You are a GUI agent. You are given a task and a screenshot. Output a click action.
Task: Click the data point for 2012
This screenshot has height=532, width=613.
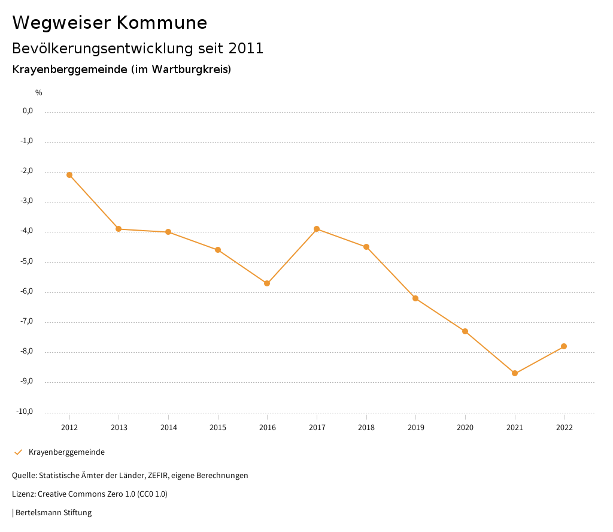pos(69,175)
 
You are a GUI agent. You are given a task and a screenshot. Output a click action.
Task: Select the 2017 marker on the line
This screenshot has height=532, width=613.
pos(317,229)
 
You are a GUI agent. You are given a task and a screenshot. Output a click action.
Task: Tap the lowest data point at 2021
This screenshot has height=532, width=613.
pos(515,373)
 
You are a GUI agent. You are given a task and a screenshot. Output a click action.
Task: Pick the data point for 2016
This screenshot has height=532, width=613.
pos(267,283)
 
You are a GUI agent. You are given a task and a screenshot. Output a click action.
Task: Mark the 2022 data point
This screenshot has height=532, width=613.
pos(564,346)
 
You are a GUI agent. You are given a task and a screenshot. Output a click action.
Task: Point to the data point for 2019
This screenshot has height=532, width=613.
pos(415,298)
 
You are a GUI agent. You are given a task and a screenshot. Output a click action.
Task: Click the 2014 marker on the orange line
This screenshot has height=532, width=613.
pos(168,232)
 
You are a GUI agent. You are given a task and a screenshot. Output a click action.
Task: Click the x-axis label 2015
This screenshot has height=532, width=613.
pos(218,428)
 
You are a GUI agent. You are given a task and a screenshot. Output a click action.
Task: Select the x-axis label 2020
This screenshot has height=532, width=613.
pos(465,428)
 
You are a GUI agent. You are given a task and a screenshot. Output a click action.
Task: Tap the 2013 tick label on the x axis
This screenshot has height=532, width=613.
pos(119,428)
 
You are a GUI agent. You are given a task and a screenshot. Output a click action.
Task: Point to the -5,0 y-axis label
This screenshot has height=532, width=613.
pos(28,262)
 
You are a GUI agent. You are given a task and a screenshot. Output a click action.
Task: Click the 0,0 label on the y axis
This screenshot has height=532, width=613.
pos(28,111)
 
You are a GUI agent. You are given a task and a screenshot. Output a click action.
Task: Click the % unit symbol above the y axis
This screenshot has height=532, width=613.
pos(39,93)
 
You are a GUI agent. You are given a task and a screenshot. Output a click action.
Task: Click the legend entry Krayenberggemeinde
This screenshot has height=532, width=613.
pos(66,452)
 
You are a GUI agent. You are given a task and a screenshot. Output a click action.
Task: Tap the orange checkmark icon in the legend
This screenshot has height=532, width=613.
pos(18,452)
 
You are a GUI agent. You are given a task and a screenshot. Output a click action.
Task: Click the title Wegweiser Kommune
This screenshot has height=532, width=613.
pos(110,23)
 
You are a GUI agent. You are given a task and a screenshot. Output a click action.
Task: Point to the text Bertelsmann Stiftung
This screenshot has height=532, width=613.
pos(53,513)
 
